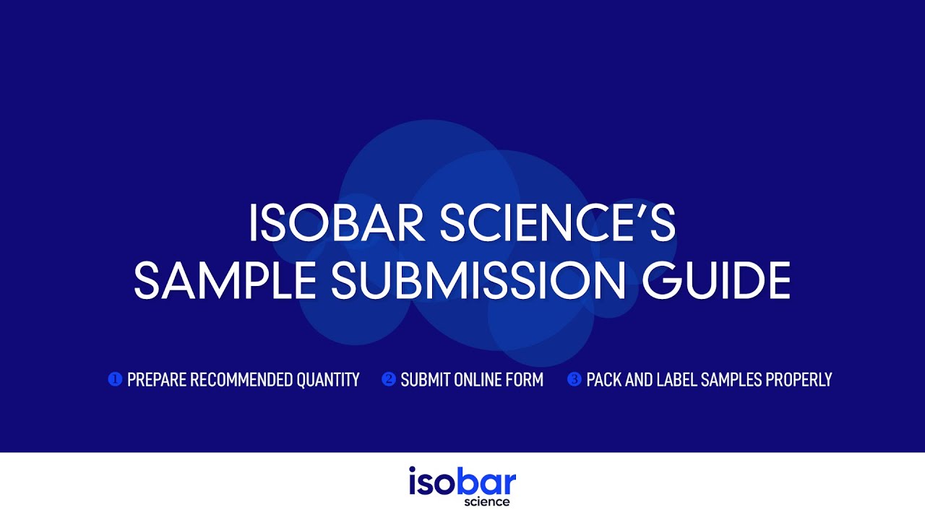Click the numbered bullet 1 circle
coord(114,379)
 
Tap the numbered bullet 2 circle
coord(388,379)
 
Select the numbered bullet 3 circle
coord(574,379)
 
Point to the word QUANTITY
coord(328,380)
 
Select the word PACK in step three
coord(603,380)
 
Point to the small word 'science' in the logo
coord(487,502)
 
